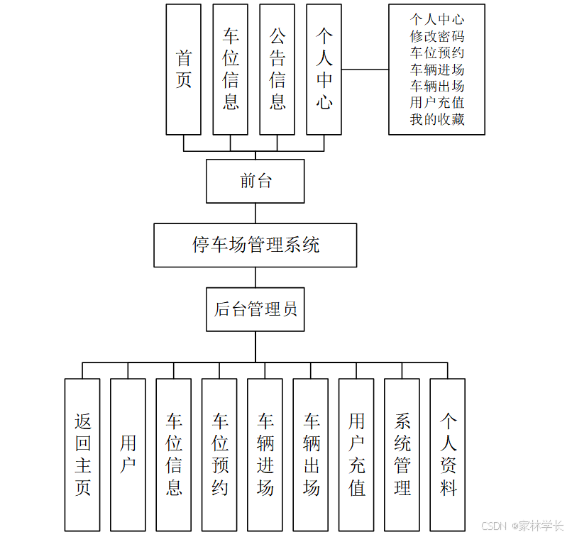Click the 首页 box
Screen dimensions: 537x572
tap(184, 70)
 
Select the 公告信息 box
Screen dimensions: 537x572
tap(277, 70)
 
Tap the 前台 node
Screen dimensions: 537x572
tap(255, 181)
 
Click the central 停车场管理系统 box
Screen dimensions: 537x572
tap(255, 245)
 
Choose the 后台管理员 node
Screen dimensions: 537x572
tap(255, 309)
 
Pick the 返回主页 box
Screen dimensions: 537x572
tap(82, 455)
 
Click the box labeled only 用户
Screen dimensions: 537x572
tap(128, 455)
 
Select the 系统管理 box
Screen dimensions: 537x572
tap(402, 455)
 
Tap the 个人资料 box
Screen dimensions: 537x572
tap(448, 455)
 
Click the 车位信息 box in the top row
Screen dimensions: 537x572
tap(231, 70)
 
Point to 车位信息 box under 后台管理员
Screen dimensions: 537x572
tap(174, 455)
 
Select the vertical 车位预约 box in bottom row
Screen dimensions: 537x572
tap(219, 455)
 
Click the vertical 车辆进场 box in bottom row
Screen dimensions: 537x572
tap(265, 455)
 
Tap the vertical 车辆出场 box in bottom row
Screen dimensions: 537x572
tap(311, 455)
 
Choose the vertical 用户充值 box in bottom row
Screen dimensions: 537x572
tap(356, 455)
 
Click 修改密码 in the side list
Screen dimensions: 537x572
tap(436, 36)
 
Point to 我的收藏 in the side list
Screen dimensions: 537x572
tap(436, 120)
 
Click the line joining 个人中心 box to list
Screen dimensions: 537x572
tap(365, 70)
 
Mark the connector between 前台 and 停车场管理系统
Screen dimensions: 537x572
tap(255, 214)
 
